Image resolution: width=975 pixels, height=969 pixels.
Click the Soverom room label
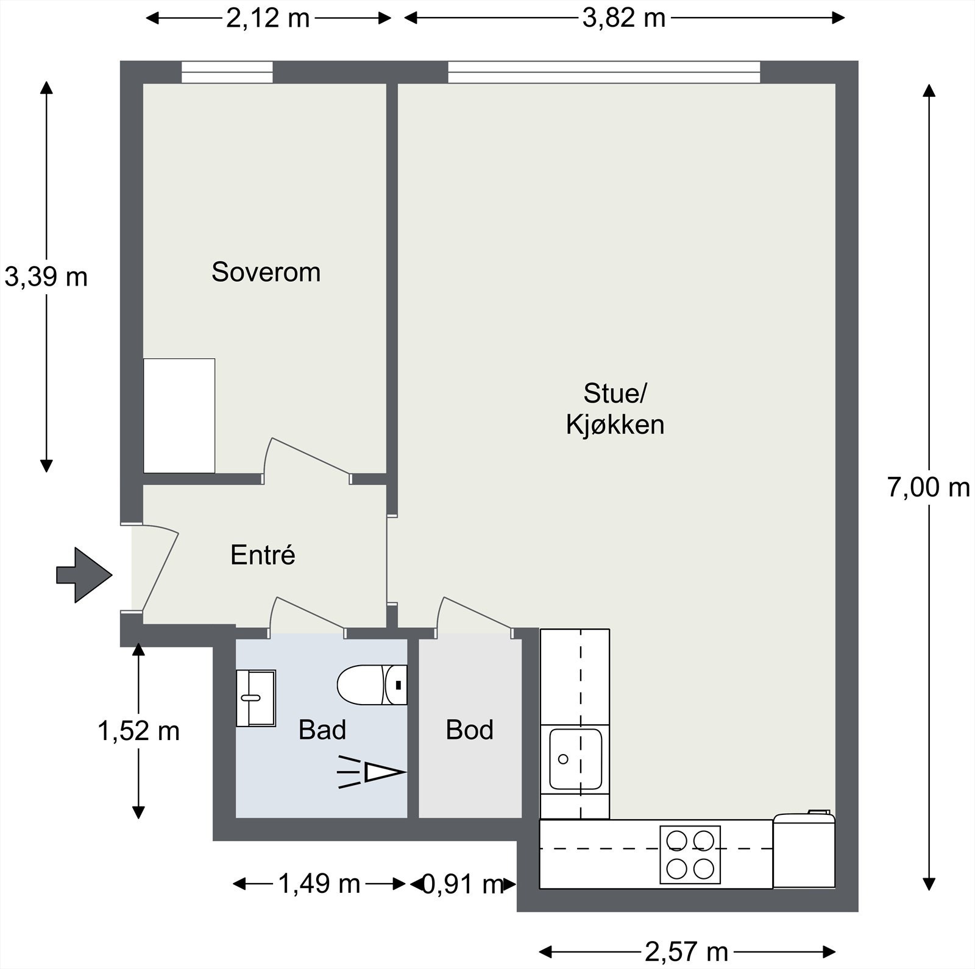tap(266, 272)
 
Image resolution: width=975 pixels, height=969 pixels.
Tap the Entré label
tap(263, 555)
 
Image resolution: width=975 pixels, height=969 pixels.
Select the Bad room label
tap(322, 730)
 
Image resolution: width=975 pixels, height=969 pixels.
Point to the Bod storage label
tap(469, 730)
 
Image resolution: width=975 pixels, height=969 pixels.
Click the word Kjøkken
tap(615, 425)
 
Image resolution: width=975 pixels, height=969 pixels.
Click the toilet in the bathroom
tap(372, 685)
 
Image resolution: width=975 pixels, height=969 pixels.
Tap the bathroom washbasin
tap(256, 698)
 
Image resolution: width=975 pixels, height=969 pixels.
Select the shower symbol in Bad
tap(372, 772)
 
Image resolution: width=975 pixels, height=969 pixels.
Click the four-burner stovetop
tap(690, 854)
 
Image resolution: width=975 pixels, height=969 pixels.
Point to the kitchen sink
tap(575, 759)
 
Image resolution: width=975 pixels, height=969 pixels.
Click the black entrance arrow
tap(84, 575)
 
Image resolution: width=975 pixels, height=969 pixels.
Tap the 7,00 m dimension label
tap(929, 487)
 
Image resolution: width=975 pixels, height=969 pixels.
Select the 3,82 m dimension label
tap(624, 18)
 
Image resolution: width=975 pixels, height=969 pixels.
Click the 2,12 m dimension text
tap(268, 18)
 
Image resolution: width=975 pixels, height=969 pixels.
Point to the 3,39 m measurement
tap(46, 277)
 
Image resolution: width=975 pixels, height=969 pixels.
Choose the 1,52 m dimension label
tap(139, 731)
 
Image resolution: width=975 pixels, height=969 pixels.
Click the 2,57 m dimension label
tap(687, 951)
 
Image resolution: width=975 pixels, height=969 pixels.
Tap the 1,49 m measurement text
tap(319, 883)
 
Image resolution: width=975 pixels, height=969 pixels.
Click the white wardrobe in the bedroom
tap(179, 415)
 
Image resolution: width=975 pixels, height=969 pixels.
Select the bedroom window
tap(227, 72)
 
